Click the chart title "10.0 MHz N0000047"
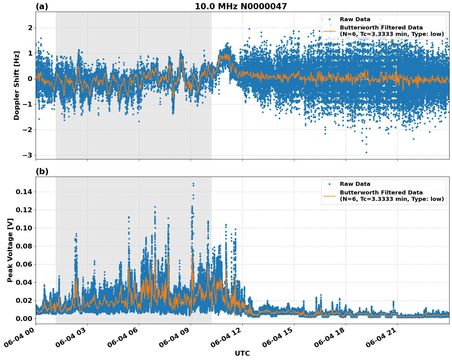click(241, 6)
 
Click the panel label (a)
click(42, 6)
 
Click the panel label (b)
click(42, 171)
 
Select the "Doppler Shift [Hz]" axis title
click(17, 85)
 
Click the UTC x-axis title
click(242, 353)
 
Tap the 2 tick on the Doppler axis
click(30, 28)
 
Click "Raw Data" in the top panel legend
click(355, 19)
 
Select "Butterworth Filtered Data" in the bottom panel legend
click(381, 193)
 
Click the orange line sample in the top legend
click(329, 31)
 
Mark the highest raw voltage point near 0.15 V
click(193, 184)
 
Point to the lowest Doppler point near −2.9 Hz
click(366, 152)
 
